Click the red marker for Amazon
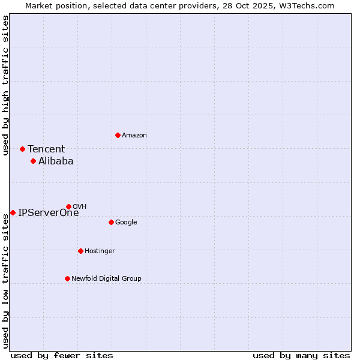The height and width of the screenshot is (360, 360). [118, 135]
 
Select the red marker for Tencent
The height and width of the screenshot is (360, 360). [22, 149]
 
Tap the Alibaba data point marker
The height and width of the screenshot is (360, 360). [33, 161]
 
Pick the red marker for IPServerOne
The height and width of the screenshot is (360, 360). [13, 212]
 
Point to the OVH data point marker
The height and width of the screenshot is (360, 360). [68, 206]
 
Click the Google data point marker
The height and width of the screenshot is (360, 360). [111, 222]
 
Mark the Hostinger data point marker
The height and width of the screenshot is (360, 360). [80, 251]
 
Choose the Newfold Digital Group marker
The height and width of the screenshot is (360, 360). [67, 278]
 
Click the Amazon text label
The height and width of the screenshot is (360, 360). [134, 136]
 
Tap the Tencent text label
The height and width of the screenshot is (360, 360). [46, 149]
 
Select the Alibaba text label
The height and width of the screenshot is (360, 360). [56, 161]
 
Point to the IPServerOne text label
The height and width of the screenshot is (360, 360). [48, 213]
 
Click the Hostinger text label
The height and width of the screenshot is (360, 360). [100, 251]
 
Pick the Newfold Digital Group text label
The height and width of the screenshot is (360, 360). [106, 278]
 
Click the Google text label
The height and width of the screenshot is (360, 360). [126, 223]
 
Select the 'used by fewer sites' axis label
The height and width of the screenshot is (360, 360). [62, 355]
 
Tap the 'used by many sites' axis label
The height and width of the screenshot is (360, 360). [301, 355]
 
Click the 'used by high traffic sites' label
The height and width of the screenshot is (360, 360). [5, 85]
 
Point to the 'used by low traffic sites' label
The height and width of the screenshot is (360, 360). [5, 281]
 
